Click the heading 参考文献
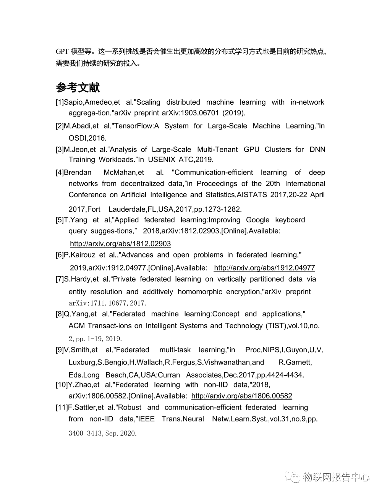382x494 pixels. pyautogui.click(x=78, y=87)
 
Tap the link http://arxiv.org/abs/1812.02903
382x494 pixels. pyautogui.click(x=120, y=244)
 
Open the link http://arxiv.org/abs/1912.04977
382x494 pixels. pyautogui.click(x=264, y=268)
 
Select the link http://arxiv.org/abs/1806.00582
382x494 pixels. pyautogui.click(x=241, y=396)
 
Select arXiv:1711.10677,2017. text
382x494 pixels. pyautogui.click(x=107, y=303)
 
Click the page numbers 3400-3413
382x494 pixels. pyautogui.click(x=85, y=433)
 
